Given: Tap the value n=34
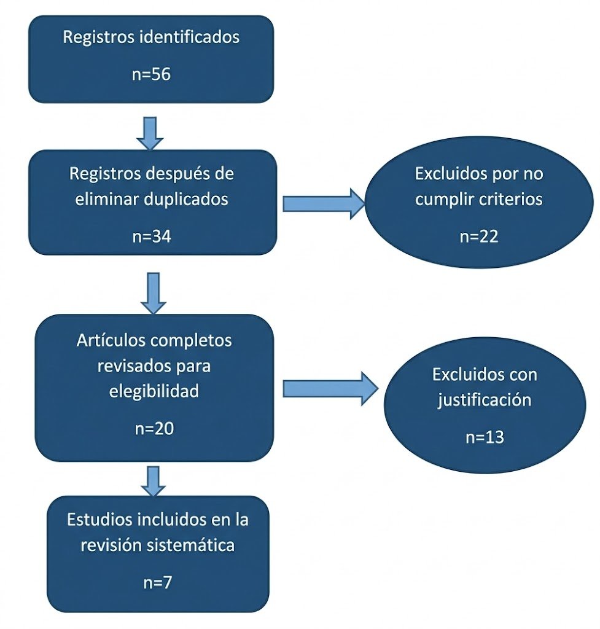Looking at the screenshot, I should click(151, 236).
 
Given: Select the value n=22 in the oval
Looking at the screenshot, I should click(478, 237).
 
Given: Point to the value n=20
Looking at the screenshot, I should click(154, 429).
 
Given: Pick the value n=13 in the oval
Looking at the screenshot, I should click(484, 437).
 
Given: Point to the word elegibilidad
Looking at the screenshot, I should click(154, 391).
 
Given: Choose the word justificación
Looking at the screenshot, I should click(484, 400).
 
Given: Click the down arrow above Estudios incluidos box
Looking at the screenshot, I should click(153, 480).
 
